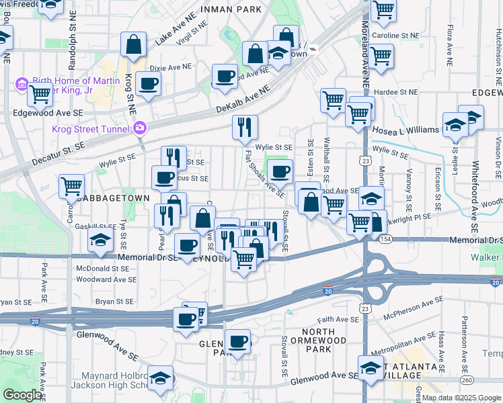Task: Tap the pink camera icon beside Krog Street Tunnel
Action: coord(140,128)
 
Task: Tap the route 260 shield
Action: coord(466,381)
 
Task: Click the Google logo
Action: coord(22,395)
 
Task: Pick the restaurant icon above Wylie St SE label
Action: coord(245,126)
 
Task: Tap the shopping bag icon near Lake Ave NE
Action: coord(134,44)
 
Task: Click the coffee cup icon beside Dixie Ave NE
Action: coord(147,84)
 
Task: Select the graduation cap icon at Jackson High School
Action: coord(161,378)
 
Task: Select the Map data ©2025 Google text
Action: coord(457,398)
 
